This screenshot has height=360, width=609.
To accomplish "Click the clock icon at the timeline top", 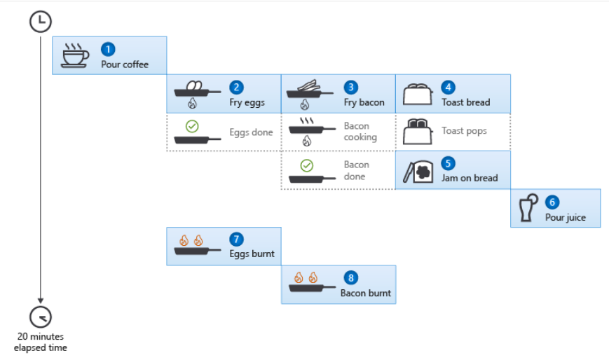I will click(41, 22).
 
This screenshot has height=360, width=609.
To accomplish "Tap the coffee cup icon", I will click(75, 55).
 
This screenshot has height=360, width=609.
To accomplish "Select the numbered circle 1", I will click(108, 49).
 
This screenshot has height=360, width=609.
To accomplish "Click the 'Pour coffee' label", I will click(125, 64).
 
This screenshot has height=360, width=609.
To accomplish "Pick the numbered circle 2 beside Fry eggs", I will click(237, 87).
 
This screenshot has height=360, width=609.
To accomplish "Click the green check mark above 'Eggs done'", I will click(192, 126).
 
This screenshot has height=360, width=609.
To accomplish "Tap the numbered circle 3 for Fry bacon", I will click(351, 87).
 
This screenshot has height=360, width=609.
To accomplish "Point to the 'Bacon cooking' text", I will click(360, 132).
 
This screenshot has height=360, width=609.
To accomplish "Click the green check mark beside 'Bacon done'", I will click(307, 165).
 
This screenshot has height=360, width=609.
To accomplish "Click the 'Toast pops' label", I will click(464, 131).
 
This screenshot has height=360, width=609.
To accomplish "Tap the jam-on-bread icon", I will click(418, 171).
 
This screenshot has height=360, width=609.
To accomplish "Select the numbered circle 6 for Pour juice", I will click(552, 202).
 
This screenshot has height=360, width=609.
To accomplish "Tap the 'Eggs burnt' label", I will click(252, 254).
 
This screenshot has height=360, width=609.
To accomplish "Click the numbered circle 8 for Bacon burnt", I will click(351, 277).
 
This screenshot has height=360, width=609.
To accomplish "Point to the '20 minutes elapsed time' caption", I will click(41, 342).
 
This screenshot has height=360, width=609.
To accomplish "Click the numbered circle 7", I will click(237, 240).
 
